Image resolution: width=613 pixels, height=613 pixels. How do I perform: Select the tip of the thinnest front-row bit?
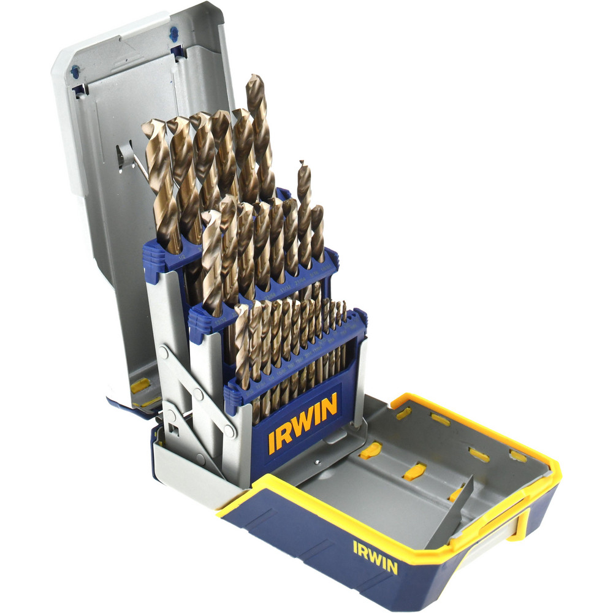point(344,303)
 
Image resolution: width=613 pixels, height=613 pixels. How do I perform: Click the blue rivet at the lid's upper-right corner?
point(174,32)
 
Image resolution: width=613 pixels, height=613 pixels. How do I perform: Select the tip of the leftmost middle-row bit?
point(209,216)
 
